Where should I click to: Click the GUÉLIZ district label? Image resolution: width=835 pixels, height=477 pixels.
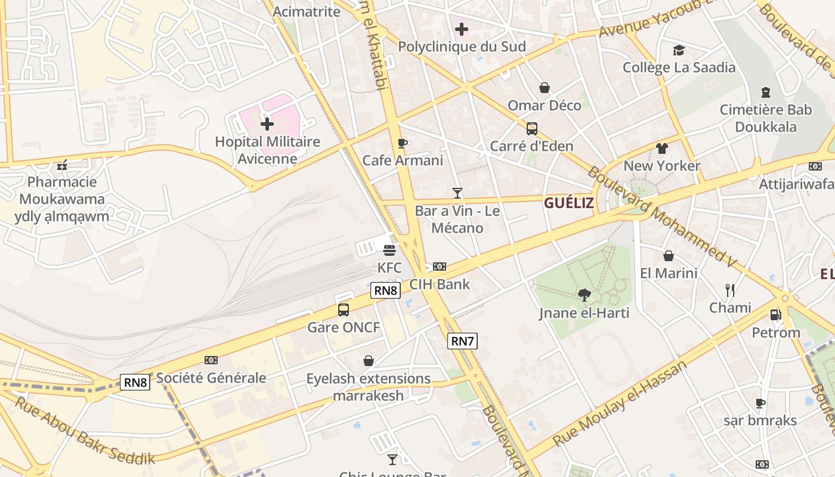(568, 203)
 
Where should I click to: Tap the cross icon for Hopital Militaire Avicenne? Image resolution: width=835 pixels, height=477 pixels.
(267, 124)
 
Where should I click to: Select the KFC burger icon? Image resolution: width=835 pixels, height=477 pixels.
(389, 250)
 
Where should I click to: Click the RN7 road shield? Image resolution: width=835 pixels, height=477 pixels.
(462, 341)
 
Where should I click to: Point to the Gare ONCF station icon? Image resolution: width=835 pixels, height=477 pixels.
(344, 310)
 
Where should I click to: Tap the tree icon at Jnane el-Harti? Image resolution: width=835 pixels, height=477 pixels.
(584, 295)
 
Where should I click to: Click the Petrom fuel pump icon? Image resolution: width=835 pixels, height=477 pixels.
(775, 315)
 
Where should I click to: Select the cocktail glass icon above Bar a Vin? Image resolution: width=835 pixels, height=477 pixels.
(457, 193)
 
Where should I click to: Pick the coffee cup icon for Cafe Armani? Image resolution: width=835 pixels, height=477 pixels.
(403, 143)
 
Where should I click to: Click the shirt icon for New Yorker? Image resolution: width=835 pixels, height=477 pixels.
(661, 148)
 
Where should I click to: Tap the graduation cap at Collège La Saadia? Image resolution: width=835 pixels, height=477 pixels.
(679, 50)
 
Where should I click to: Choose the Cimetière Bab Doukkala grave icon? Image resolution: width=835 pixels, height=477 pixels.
(766, 92)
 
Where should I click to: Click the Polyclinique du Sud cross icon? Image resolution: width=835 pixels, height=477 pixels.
(462, 29)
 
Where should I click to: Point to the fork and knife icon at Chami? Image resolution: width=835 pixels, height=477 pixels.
(730, 290)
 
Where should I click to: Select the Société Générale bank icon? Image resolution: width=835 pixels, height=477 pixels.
(211, 360)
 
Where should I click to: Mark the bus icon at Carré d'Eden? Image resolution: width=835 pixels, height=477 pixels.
(531, 129)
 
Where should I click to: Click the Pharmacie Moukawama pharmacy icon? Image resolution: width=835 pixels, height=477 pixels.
(62, 165)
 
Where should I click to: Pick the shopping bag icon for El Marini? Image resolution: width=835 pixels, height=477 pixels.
(669, 256)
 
